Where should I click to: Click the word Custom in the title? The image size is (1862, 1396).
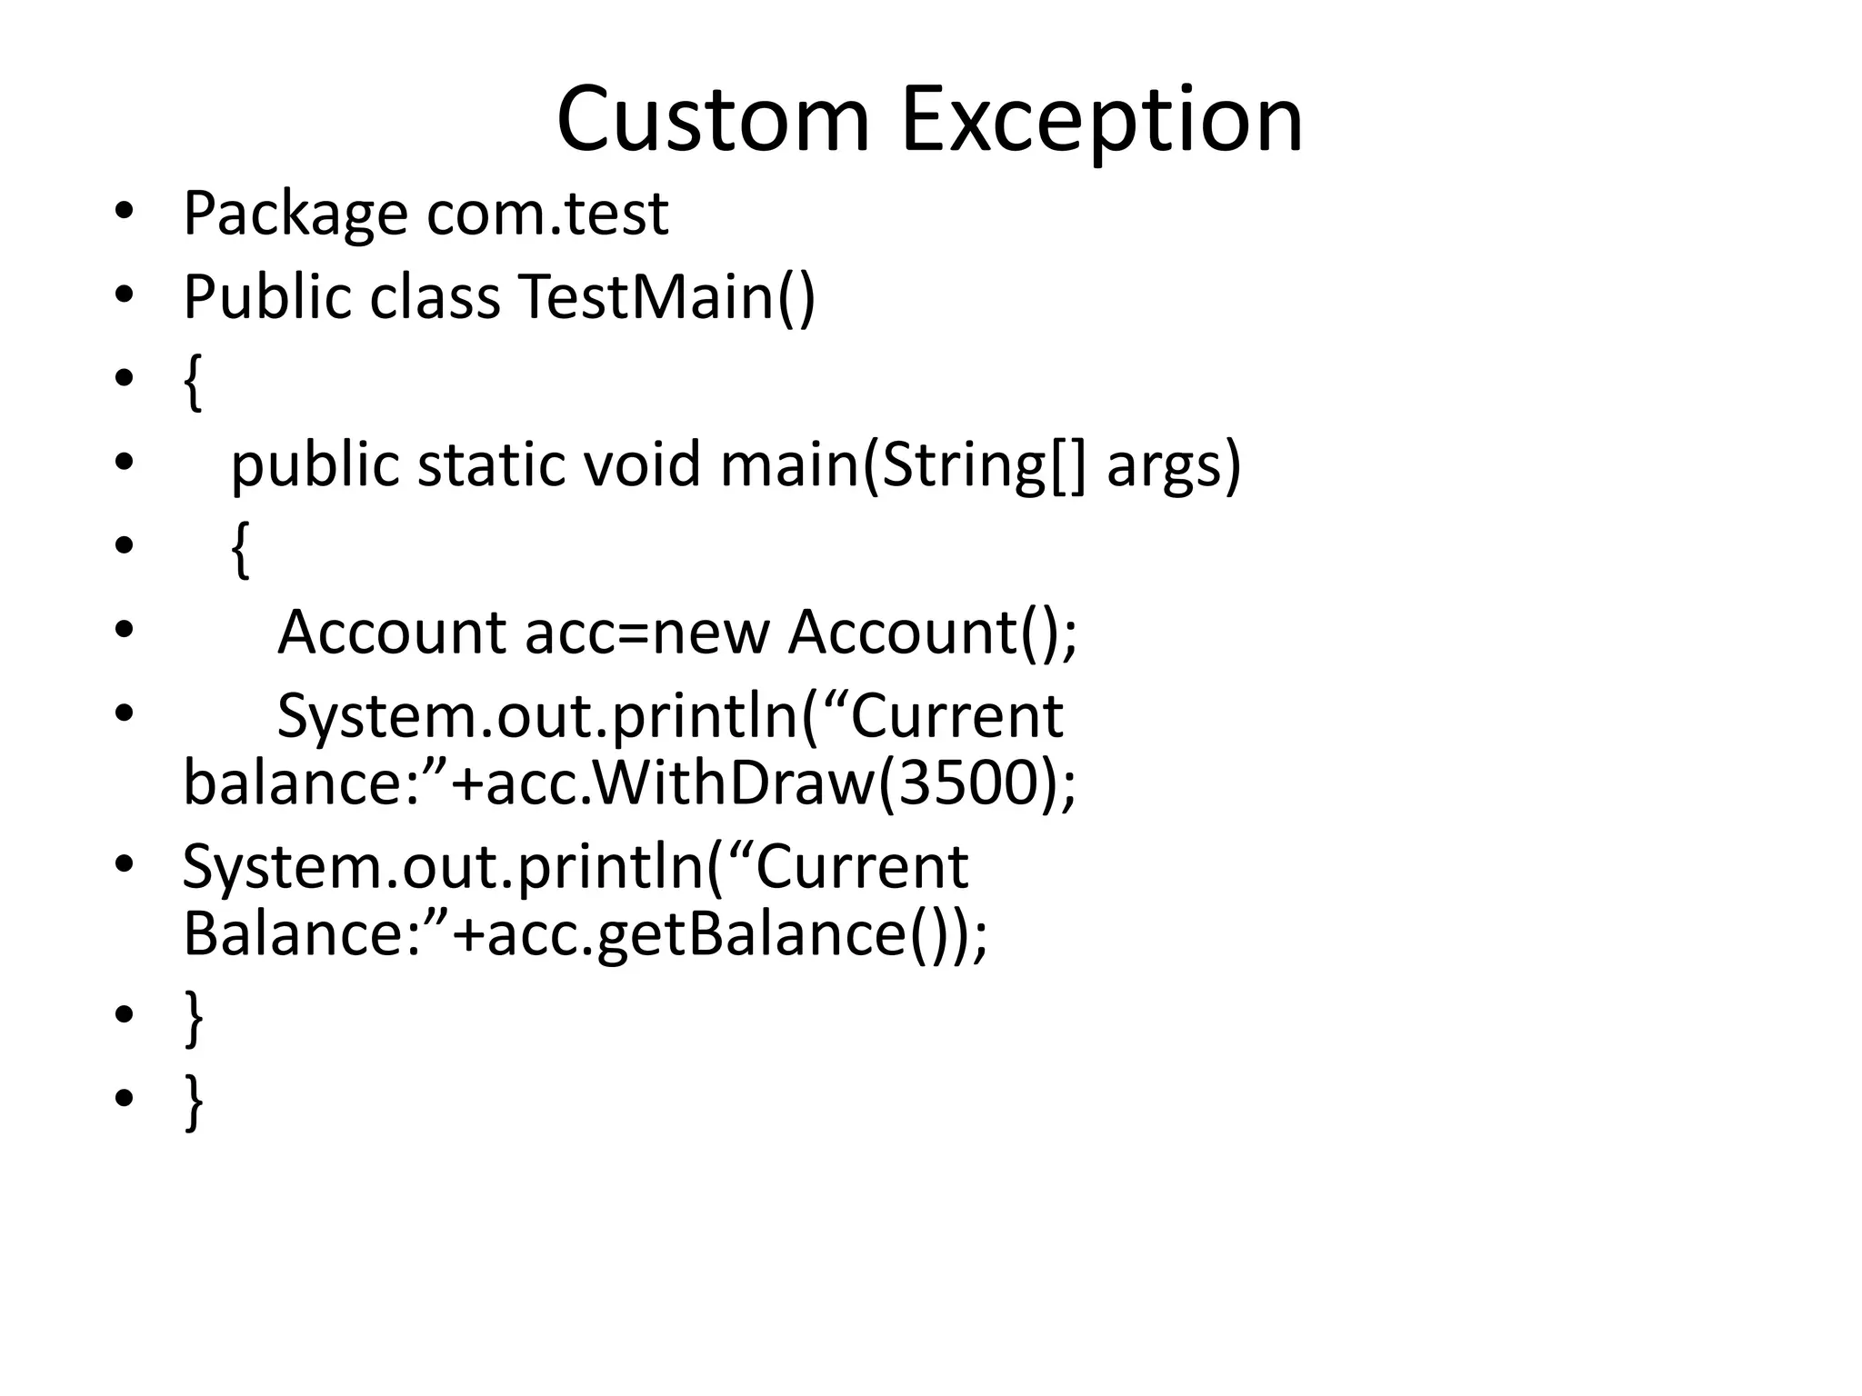pos(714,120)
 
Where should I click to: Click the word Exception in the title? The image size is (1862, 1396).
pos(1102,120)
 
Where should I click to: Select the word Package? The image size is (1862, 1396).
pos(295,214)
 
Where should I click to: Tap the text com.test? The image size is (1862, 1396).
pos(547,214)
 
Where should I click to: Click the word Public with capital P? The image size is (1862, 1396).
pos(266,297)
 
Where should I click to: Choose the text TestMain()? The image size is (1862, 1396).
pos(667,297)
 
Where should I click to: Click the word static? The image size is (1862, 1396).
pos(492,464)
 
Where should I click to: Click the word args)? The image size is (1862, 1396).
pos(1174,464)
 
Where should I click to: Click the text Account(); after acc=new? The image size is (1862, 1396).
pos(933,632)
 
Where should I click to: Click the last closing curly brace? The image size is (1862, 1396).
pos(193,1102)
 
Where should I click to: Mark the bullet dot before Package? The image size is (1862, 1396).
pos(125,214)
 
